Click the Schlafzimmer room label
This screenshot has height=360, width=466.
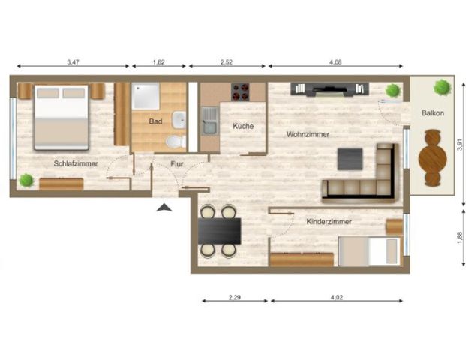[73, 162]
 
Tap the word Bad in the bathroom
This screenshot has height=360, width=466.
[156, 120]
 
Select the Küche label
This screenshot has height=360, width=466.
[242, 126]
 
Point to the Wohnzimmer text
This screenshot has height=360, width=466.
[307, 134]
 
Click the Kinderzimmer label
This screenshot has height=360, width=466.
[329, 222]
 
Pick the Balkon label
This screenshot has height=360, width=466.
[433, 112]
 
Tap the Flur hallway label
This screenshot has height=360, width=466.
[177, 163]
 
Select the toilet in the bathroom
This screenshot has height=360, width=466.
[175, 140]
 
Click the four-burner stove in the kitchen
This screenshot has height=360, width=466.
[239, 91]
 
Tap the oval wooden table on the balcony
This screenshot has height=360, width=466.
[432, 157]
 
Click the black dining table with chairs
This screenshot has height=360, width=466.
[220, 230]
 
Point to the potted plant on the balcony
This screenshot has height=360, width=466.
[441, 87]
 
